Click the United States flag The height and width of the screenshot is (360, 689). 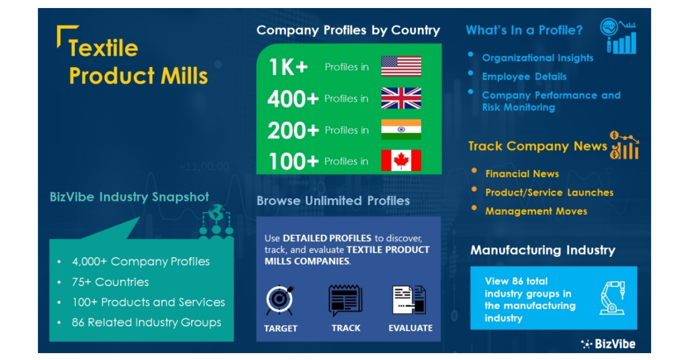pos(401,67)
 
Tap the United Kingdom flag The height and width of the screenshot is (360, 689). pos(401,98)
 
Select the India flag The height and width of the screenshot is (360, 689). pos(401,130)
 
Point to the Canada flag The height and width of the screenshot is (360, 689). pos(401,161)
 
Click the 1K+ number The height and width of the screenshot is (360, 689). pos(288,67)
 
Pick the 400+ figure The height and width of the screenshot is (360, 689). pos(293,99)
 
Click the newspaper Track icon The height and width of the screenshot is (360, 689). pos(345,300)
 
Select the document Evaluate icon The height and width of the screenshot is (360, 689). pos(409,300)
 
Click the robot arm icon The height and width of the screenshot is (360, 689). pos(612,297)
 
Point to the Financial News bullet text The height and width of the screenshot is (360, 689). pos(522,173)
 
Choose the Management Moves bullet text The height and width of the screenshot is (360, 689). pos(536,211)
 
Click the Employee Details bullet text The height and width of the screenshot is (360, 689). pos(524,76)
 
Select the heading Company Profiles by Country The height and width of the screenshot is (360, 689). pos(348,30)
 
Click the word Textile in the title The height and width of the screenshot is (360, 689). pos(103,48)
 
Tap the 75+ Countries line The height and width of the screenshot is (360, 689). pos(110,282)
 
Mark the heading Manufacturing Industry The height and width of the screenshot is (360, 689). pos(543,250)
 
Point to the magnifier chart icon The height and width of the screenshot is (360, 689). pos(618,36)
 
